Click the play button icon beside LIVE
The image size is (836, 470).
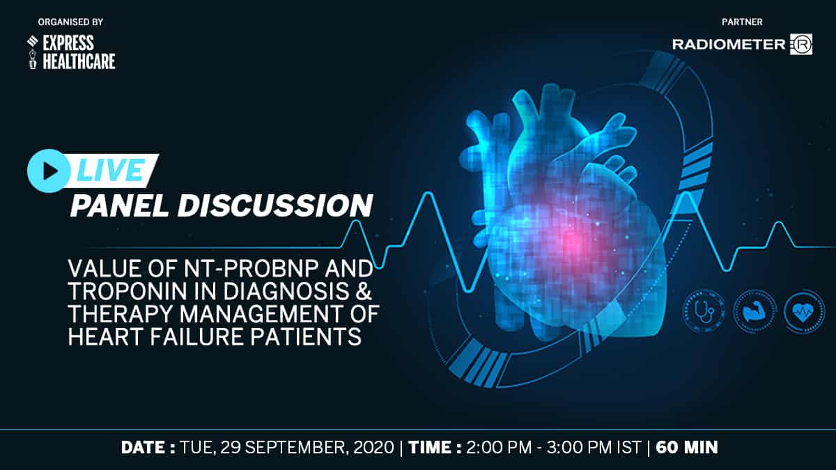pos(49,171)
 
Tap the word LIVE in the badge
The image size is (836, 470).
pos(111,170)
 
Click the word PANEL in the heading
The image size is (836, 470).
pos(120,206)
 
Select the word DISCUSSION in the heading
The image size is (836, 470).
pos(275,206)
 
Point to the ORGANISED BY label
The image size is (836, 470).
pos(70,22)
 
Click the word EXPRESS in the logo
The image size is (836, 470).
pos(68,43)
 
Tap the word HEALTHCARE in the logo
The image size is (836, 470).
pos(79,61)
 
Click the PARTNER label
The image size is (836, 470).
pos(742,22)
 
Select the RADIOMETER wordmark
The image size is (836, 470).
pos(729,45)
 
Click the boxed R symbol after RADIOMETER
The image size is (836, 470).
pos(801,45)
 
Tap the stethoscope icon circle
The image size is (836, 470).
pos(704,311)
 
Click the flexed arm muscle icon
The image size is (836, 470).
pos(754,311)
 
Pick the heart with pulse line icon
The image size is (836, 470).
pos(804,311)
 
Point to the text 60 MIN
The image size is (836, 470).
pos(687,447)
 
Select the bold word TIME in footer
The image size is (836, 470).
pos(431,447)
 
